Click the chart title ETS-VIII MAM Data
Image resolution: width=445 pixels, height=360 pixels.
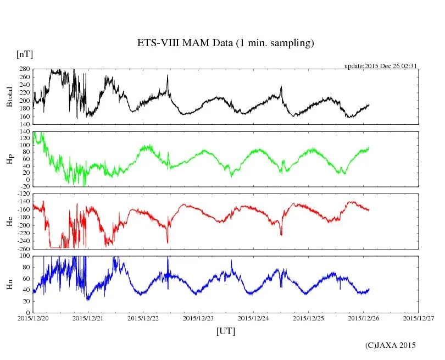(x=225, y=43)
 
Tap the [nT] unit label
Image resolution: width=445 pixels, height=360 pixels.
(x=25, y=54)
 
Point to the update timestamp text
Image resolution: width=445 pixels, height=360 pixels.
(x=381, y=66)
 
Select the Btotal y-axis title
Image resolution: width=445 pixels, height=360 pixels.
(x=9, y=97)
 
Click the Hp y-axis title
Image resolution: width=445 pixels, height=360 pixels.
(x=9, y=159)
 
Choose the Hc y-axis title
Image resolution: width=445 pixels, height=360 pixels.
(x=9, y=221)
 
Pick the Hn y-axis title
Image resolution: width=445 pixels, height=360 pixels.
(x=9, y=284)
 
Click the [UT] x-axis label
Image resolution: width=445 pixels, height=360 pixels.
(x=226, y=331)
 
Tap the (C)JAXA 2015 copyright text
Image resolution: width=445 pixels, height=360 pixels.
(x=391, y=345)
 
